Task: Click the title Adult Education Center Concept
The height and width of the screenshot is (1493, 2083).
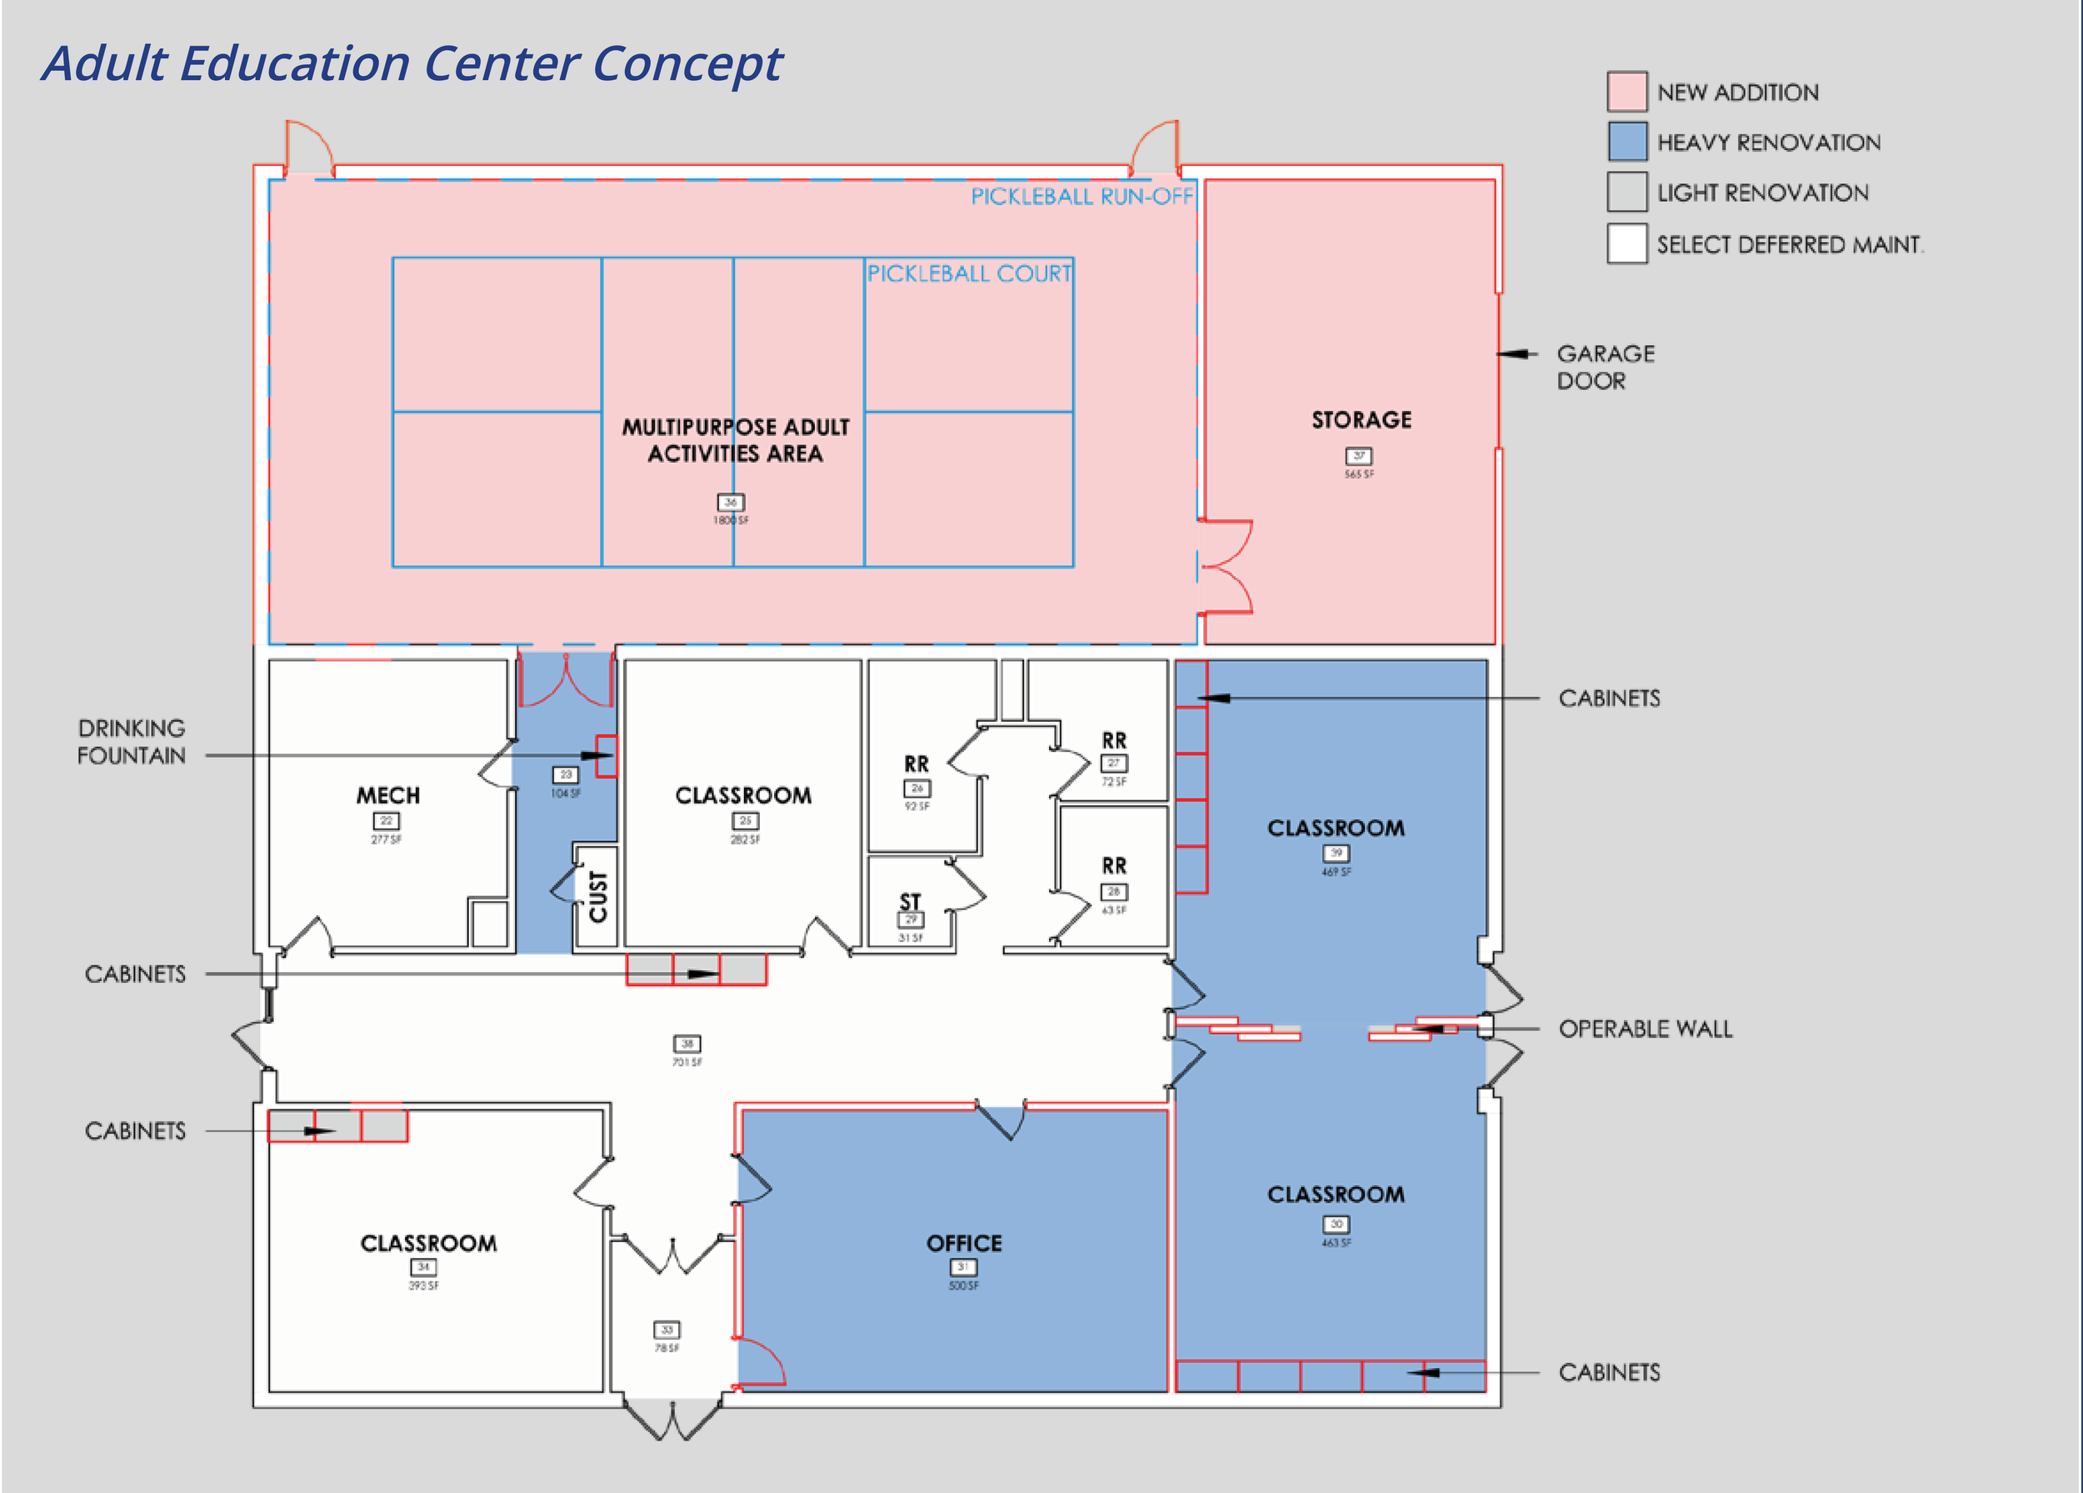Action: pos(412,63)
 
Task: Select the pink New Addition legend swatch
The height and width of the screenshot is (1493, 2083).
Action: pos(1626,92)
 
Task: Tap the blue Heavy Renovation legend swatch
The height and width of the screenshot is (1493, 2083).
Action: pos(1626,143)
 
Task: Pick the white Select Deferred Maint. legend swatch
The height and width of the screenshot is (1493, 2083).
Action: pos(1626,243)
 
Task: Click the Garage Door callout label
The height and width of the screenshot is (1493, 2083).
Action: pos(1605,367)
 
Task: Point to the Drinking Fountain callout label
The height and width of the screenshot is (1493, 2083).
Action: pos(132,741)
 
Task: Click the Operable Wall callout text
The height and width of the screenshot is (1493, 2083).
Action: pos(1645,1029)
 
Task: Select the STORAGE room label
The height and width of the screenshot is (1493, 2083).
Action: pos(1361,420)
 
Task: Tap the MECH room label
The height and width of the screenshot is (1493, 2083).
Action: pos(387,794)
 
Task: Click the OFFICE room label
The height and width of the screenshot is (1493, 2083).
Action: pos(963,1243)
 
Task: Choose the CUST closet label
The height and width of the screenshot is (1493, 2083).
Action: pos(598,897)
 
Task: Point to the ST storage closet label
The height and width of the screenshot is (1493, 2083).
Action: pos(909,901)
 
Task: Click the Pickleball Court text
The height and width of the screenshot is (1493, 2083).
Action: pos(969,273)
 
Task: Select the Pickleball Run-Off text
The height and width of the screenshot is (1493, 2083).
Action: pos(1081,197)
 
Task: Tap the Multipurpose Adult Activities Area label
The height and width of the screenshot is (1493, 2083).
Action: pos(736,440)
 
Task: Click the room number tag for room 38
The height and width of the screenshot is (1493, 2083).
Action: pos(687,1044)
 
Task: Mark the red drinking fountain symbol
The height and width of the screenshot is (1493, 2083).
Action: pos(607,756)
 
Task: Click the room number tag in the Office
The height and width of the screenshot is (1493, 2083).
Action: pos(962,1267)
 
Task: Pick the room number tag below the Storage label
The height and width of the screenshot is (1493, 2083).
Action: pos(1358,456)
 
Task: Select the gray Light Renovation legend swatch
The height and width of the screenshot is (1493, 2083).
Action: pos(1626,193)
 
